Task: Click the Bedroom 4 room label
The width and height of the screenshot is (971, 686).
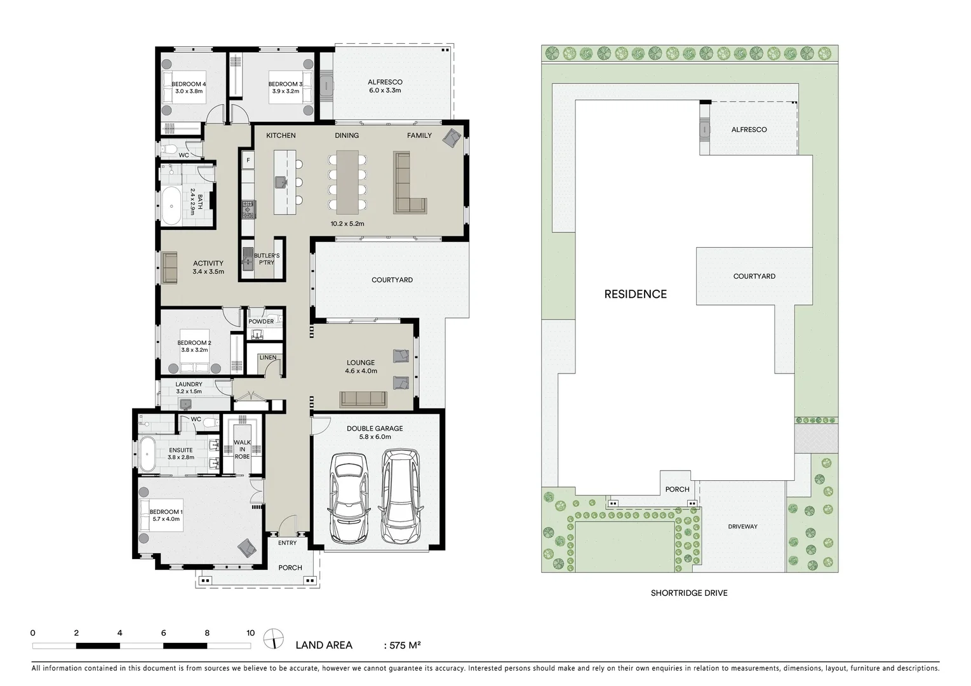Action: (x=189, y=88)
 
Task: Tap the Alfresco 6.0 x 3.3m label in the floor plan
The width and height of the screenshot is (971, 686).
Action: (x=385, y=86)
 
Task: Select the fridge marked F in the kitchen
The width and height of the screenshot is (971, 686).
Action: (x=248, y=161)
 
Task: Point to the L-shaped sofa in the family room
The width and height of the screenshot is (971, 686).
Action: (x=406, y=185)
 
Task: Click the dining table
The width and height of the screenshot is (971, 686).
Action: (x=347, y=182)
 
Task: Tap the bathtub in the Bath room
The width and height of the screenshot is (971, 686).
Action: (x=171, y=206)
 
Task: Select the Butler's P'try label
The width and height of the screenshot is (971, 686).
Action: (x=267, y=259)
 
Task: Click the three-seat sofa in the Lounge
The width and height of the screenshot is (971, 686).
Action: (x=363, y=399)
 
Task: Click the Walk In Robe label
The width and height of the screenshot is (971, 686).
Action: (x=242, y=449)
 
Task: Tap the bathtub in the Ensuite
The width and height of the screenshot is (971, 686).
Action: (x=147, y=454)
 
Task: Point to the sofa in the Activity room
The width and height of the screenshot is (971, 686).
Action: (x=170, y=267)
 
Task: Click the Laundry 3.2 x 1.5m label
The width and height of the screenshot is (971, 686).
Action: (x=189, y=387)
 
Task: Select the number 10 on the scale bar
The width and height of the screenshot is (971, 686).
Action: (x=250, y=633)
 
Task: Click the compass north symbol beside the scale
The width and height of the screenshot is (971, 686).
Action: (x=274, y=638)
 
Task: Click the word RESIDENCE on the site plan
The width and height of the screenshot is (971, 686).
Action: (x=635, y=294)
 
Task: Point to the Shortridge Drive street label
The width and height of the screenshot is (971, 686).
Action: (x=689, y=593)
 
